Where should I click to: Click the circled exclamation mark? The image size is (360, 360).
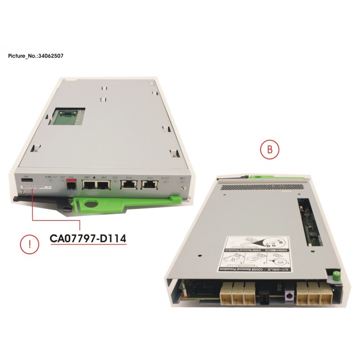point(29,245)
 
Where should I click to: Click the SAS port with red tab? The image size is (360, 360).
point(70,184)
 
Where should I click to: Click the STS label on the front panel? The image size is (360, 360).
point(115,177)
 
